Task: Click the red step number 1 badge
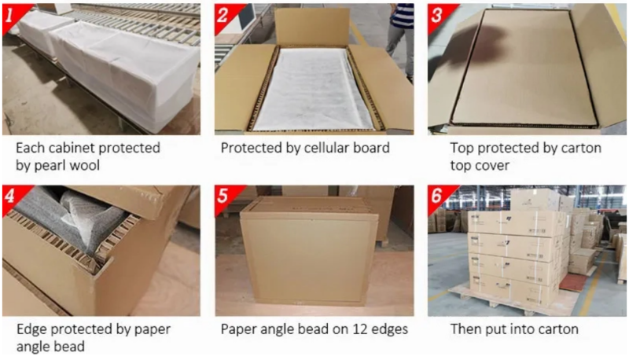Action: pos(11,16)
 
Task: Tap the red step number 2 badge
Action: pos(224,16)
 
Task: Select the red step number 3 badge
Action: pos(437,16)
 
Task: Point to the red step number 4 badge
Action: pos(11,197)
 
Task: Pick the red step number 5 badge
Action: pos(224,197)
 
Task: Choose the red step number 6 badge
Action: pos(437,197)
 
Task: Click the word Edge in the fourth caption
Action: pos(31,330)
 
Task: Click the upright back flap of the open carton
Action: pos(312,27)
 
